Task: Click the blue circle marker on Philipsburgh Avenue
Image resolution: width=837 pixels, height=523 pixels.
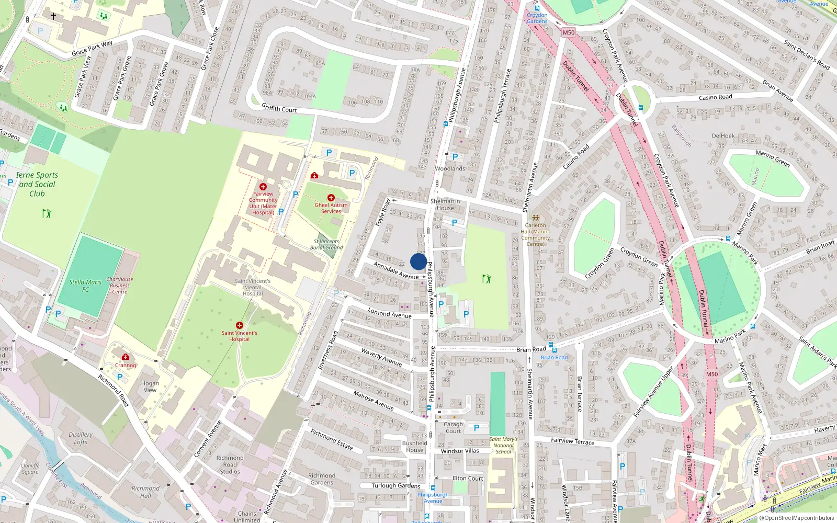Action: [418, 261]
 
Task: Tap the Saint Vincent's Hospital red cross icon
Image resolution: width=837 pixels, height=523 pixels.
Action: [240, 325]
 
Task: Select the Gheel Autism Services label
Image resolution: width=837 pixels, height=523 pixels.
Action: [331, 208]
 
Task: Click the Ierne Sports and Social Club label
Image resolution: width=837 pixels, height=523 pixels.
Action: [37, 184]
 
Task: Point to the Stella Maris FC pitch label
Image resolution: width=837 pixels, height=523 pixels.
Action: [85, 285]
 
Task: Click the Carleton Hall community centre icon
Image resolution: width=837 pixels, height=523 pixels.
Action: [535, 218]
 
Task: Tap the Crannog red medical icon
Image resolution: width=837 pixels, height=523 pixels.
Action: [126, 357]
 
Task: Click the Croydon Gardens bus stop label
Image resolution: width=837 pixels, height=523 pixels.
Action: [537, 18]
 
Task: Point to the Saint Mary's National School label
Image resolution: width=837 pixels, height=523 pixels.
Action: [503, 445]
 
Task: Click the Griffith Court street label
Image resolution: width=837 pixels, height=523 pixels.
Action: [279, 108]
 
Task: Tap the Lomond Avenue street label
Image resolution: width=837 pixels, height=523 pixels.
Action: [389, 313]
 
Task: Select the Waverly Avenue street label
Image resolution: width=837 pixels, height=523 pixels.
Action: [381, 357]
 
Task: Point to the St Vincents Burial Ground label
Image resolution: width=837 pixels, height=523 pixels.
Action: [326, 244]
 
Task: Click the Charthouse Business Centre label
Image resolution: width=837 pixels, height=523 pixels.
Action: [120, 285]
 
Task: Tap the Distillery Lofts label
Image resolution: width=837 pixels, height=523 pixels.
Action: [81, 438]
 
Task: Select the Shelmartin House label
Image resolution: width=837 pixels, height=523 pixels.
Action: [445, 204]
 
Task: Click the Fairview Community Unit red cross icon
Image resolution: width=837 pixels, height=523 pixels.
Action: [263, 187]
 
